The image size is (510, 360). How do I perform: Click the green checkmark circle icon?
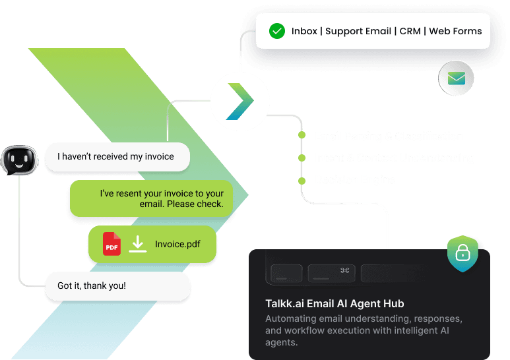coord(277,31)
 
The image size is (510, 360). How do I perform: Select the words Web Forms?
coord(456,31)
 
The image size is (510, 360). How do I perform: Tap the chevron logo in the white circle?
coord(240,102)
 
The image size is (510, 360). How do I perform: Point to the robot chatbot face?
coord(16,159)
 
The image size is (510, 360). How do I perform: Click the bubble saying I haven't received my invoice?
coord(117,157)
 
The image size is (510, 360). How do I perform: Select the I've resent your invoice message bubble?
coord(152,198)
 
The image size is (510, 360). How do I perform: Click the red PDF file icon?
coord(112,245)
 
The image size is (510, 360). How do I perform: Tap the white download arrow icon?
coord(137,245)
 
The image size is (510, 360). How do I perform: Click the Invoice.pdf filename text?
coord(177,245)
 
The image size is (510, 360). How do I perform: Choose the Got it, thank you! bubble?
coord(117,286)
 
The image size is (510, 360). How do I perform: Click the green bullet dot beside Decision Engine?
coord(302,180)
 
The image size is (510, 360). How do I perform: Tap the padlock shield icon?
coord(462,253)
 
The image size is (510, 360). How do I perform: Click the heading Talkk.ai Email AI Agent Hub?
coord(334,304)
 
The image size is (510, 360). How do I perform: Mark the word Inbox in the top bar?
coord(303,31)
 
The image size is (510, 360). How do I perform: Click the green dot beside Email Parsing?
coord(302,136)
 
